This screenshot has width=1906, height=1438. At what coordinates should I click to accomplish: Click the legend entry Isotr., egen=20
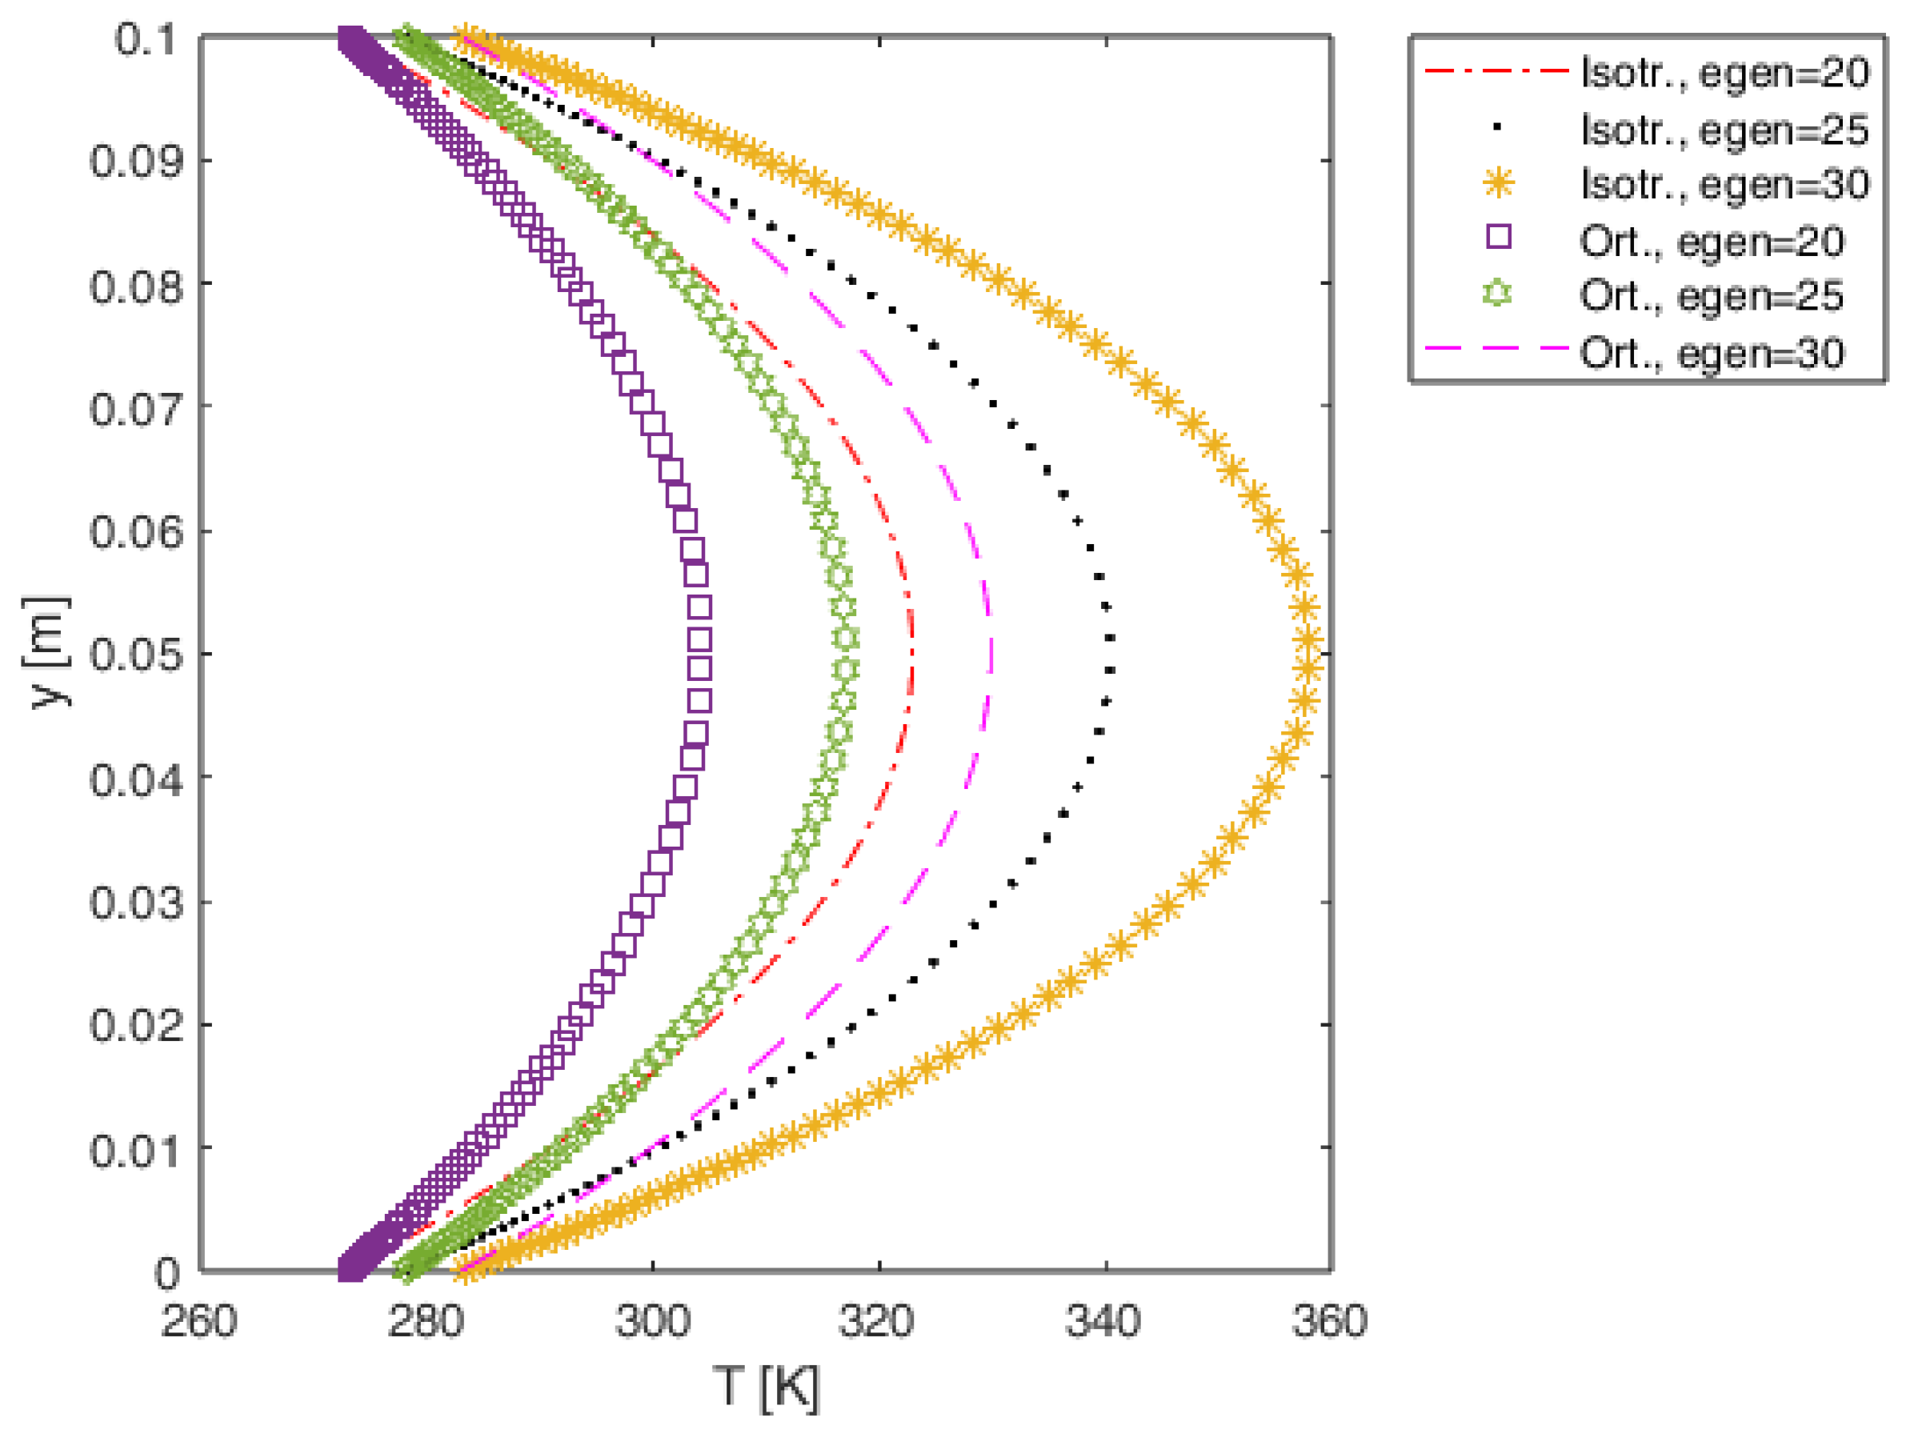tap(1725, 72)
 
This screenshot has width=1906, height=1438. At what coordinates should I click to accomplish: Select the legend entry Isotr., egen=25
tap(1725, 130)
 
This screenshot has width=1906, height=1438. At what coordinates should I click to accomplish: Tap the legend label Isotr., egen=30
tap(1725, 184)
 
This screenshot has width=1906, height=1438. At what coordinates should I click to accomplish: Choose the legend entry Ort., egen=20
tap(1712, 241)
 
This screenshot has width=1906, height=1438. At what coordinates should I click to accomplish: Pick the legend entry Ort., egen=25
tap(1712, 295)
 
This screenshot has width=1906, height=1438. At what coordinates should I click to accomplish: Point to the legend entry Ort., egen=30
tap(1712, 352)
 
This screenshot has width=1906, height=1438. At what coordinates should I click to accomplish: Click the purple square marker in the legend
tap(1500, 236)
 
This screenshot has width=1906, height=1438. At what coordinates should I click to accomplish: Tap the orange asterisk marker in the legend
tap(1500, 183)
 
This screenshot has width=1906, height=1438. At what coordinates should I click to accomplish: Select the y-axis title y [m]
tap(46, 652)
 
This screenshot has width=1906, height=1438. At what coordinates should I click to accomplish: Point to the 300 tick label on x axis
tap(652, 1321)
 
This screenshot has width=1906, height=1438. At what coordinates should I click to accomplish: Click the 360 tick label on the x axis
tap(1330, 1321)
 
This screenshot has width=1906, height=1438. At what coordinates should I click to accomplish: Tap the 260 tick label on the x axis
tap(199, 1321)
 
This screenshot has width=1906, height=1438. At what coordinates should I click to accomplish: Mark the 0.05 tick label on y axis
tap(136, 655)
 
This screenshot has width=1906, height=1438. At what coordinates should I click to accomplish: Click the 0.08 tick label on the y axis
tap(136, 285)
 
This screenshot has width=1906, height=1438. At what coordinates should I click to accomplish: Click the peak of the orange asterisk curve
tap(1309, 652)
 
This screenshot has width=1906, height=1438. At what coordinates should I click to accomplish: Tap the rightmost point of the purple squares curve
tap(699, 652)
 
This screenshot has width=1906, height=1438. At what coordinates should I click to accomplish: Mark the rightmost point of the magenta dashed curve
tap(991, 652)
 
